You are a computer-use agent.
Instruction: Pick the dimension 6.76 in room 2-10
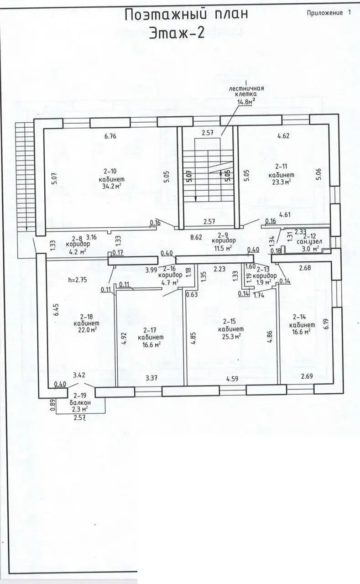pyautogui.click(x=111, y=136)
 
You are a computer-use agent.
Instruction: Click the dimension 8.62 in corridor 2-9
pyautogui.click(x=196, y=237)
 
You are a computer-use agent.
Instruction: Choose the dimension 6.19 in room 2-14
pyautogui.click(x=325, y=325)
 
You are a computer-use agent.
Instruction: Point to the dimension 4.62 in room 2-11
pyautogui.click(x=282, y=136)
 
